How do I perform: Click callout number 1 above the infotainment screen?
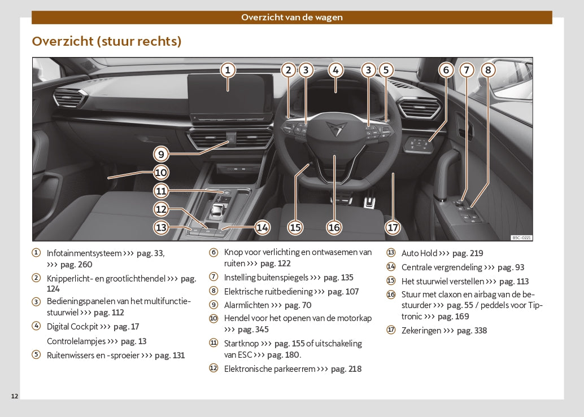pos(227,70)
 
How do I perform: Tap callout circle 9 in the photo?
pos(161,153)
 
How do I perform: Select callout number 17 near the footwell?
pos(393,227)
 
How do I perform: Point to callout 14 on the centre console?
pos(262,227)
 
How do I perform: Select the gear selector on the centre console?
pos(217,210)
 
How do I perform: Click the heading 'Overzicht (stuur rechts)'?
pos(107,41)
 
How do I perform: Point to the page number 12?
pos(15,396)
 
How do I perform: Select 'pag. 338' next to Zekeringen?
pos(473,331)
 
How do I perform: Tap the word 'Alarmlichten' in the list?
pos(246,305)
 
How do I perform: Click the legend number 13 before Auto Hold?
pos(391,253)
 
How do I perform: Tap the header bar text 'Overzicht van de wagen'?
pos(292,17)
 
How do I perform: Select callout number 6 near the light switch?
pos(446,70)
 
